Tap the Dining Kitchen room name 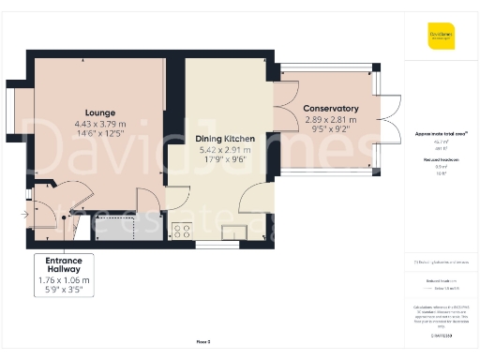223,138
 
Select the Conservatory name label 330,109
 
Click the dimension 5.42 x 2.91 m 223,149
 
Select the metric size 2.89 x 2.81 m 330,121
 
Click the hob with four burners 181,228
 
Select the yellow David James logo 442,38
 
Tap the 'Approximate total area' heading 441,135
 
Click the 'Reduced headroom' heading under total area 441,160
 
